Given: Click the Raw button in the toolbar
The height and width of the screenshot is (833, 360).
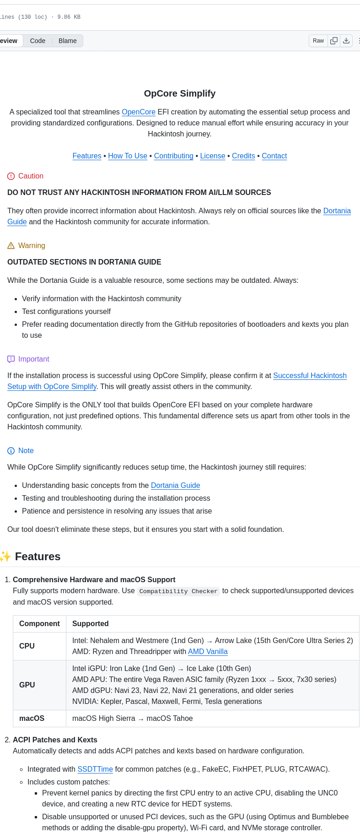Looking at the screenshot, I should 318,41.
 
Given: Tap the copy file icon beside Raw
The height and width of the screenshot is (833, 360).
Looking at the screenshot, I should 334,41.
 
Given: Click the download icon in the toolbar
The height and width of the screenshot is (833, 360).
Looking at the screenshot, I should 346,41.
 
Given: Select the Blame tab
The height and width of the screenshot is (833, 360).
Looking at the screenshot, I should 68,41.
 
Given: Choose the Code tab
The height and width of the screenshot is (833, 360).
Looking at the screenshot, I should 38,41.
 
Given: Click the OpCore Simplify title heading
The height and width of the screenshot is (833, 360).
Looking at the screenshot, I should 180,93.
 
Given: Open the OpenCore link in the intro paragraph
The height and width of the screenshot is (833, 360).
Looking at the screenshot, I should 139,112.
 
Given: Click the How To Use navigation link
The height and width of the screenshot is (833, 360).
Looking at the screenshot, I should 128,156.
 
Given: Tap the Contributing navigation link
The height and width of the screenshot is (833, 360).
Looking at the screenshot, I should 174,156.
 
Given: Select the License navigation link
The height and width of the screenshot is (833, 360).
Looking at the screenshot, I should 213,156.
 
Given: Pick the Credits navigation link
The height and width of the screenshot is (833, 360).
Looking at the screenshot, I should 243,156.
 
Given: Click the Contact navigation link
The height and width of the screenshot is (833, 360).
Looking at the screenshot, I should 274,156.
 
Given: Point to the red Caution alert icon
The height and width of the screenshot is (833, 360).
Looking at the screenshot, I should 11,176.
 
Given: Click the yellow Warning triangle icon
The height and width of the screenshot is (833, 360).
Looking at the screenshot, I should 11,246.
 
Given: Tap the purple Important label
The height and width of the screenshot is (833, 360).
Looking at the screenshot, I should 34,359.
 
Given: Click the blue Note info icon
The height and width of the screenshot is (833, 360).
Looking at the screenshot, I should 11,451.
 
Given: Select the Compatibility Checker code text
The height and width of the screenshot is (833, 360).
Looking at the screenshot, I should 178,591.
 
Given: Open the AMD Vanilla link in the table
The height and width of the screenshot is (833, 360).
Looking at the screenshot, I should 208,651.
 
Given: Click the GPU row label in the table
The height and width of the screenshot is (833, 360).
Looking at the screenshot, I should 27,685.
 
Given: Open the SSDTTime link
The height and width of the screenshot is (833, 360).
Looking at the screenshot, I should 95,769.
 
